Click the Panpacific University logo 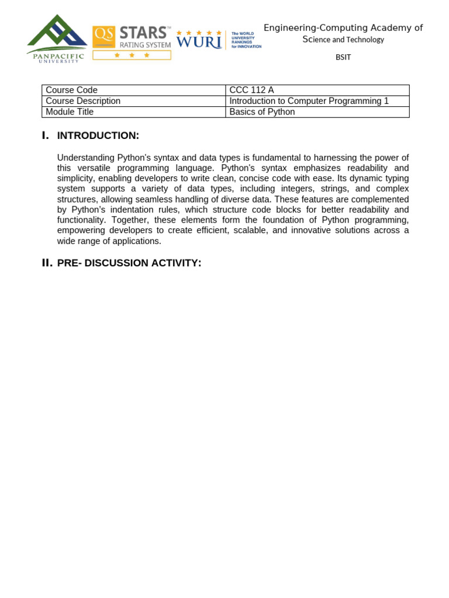57,39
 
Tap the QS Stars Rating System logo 132,42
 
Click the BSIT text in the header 343,57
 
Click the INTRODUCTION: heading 98,135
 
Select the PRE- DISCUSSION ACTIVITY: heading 129,263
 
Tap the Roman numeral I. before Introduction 46,135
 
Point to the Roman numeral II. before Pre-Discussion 47,263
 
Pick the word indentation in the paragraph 150,210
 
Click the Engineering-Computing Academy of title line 343,28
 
